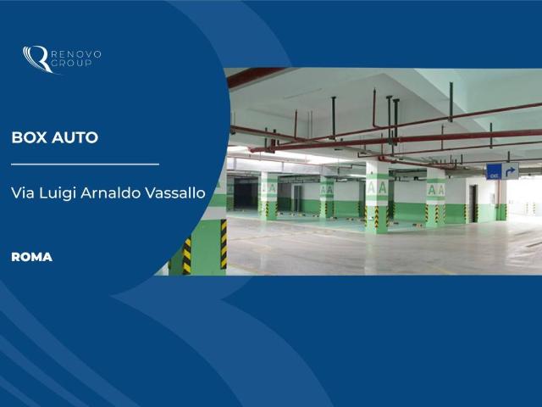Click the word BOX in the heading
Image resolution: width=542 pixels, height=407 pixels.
tap(30, 137)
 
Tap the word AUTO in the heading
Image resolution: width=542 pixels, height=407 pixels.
tap(75, 137)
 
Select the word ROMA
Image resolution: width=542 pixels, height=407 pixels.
tap(32, 257)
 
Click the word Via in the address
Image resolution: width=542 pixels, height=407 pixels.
tap(23, 192)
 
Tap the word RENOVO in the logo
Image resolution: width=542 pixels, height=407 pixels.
tap(75, 54)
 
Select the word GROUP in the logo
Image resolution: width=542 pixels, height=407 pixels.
tap(71, 63)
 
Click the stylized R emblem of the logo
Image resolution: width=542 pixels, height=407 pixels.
tap(36, 59)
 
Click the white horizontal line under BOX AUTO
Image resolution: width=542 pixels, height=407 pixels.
tap(85, 164)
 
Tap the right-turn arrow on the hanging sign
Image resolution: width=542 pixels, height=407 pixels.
tap(510, 171)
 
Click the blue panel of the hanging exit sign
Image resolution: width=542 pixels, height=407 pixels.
tap(494, 171)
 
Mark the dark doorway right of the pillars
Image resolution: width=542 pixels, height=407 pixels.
tap(473, 203)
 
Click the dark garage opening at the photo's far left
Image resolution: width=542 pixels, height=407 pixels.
tap(246, 193)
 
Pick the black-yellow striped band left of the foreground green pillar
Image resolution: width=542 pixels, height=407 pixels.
tap(186, 256)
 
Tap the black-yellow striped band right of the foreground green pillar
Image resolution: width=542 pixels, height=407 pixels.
tap(224, 244)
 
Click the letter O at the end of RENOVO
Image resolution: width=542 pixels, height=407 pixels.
tap(97, 54)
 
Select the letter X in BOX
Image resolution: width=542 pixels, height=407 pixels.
tap(41, 137)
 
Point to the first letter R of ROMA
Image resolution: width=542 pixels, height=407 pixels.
tap(15, 257)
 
